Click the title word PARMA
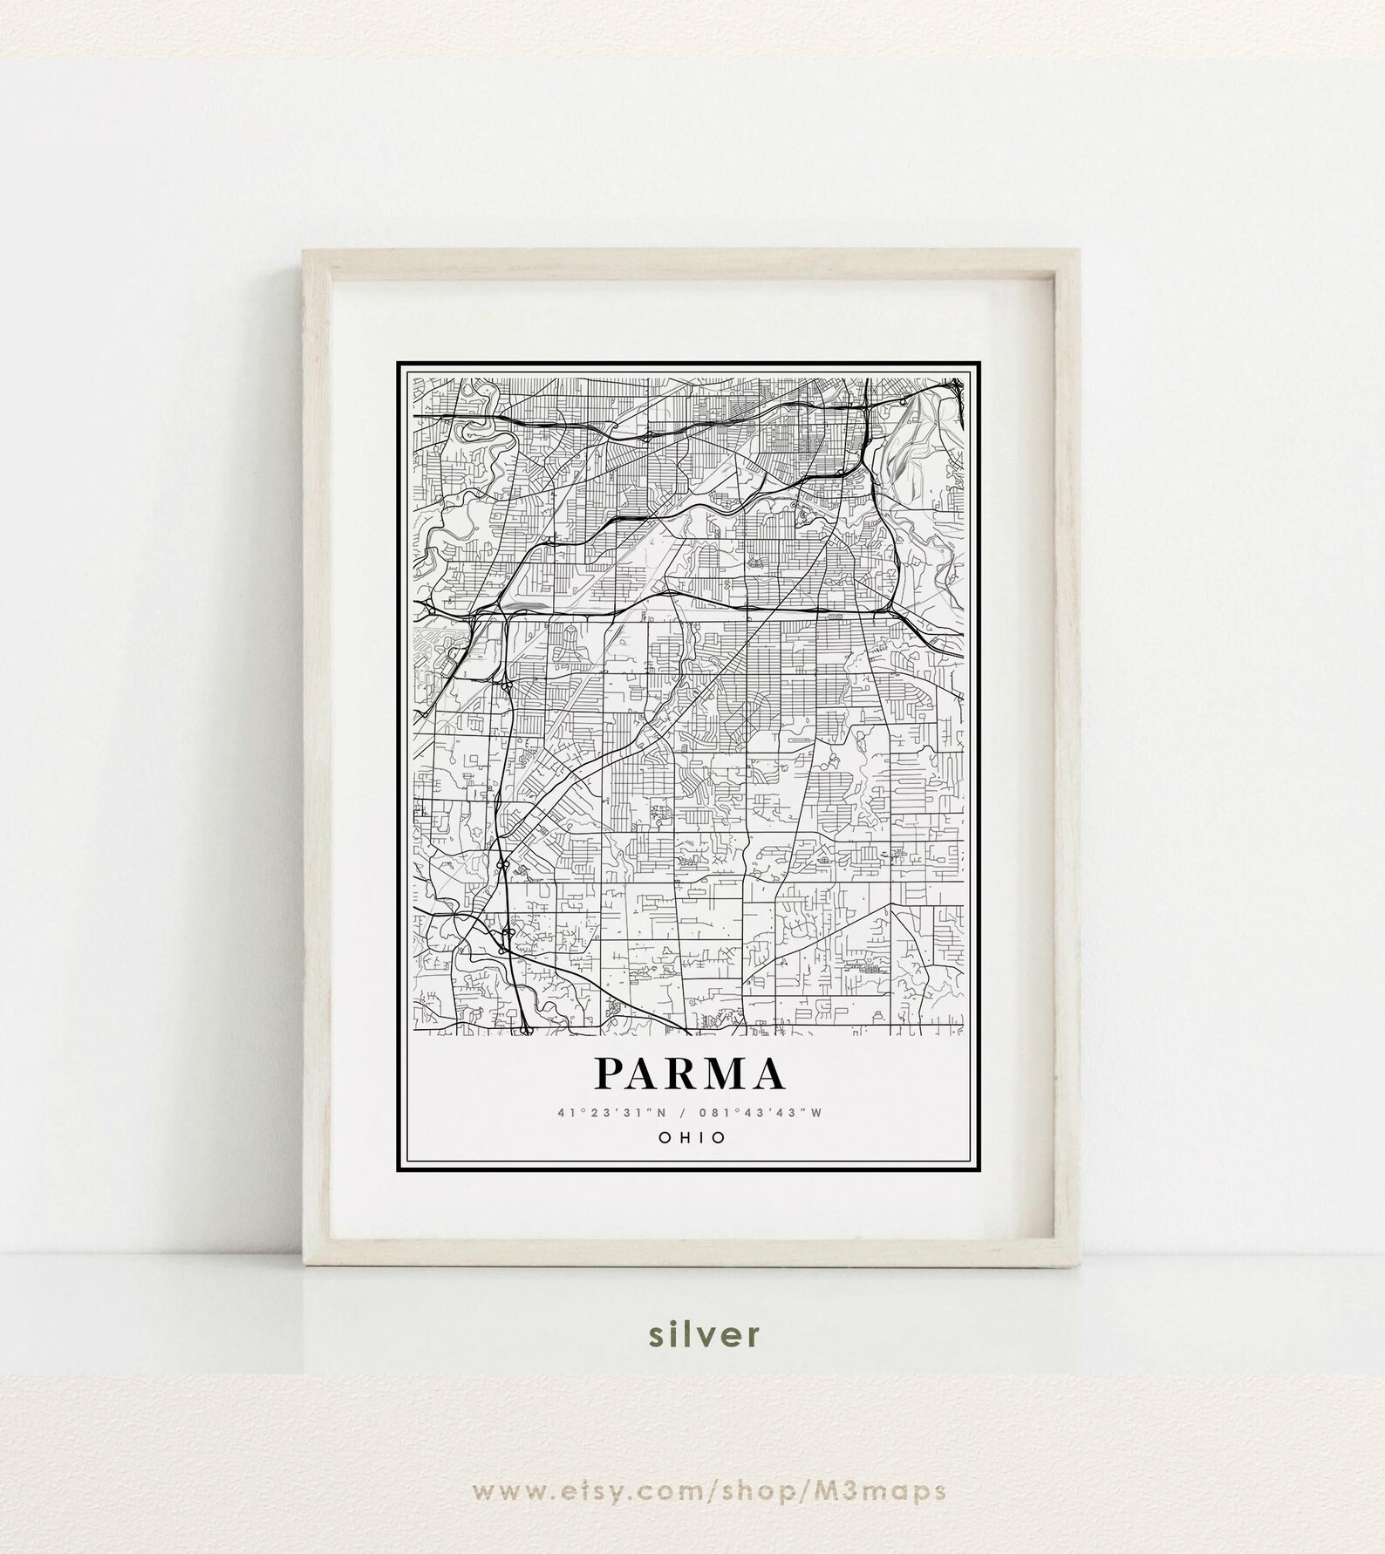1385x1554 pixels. coord(689,1074)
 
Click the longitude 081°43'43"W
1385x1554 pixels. coord(761,1113)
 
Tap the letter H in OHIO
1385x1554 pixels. coord(681,1137)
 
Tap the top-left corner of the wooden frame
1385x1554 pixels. coord(304,251)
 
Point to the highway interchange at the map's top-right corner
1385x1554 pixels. coord(958,385)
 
